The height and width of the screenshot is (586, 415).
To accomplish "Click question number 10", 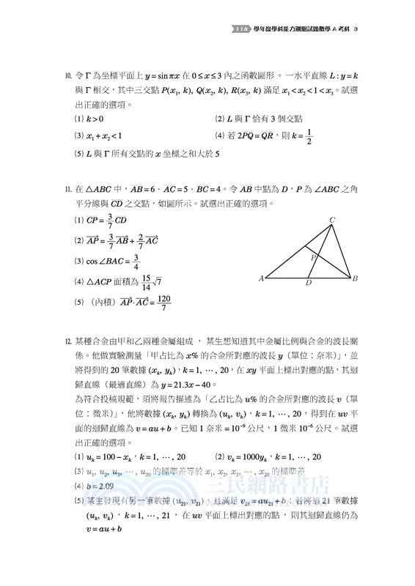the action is coord(67,75).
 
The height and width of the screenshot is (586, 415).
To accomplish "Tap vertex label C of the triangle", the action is coord(332,220).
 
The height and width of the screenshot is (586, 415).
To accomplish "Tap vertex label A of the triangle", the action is coord(262,279).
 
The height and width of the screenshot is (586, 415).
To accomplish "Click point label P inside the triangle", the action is coord(313,258).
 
